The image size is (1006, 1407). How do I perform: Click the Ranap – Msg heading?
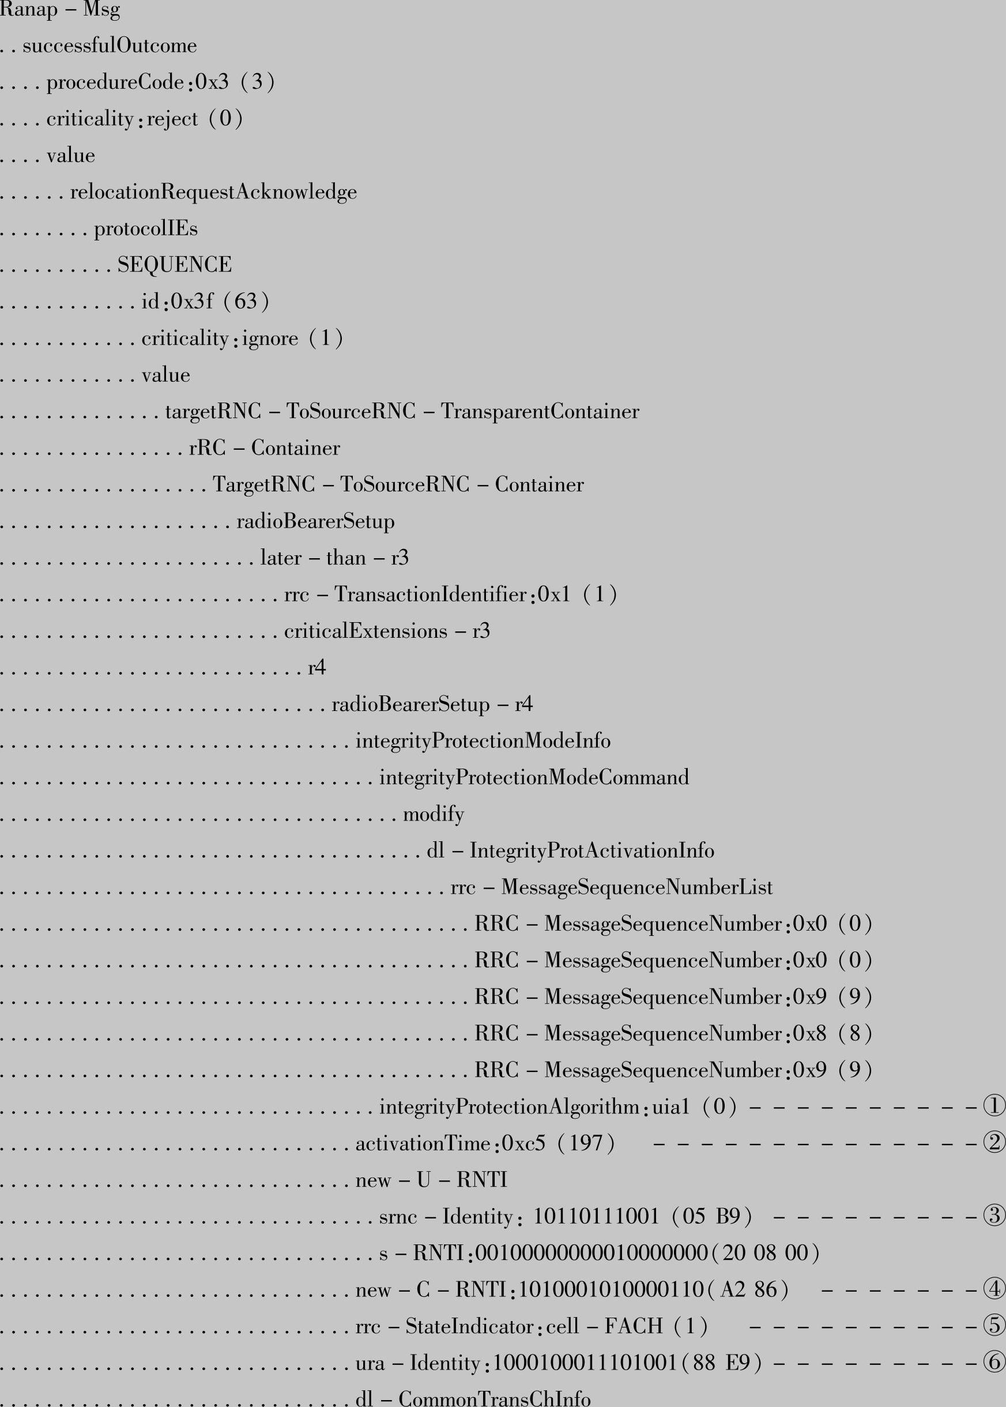59,10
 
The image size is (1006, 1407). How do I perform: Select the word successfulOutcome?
110,46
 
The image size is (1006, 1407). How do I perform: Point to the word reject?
172,119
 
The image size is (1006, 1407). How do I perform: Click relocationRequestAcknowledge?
213,192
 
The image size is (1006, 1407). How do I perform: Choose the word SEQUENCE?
174,265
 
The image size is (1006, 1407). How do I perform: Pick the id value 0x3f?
191,302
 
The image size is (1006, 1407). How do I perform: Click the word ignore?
270,338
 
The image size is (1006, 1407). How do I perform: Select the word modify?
433,814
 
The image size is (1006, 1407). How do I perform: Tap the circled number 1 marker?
994,1107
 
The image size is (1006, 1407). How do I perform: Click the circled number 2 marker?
994,1143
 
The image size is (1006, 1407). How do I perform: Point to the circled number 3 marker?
994,1217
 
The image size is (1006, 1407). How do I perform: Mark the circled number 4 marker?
994,1290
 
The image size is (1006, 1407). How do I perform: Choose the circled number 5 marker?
994,1326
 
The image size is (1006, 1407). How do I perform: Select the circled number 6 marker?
994,1363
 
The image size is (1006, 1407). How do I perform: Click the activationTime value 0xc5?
523,1143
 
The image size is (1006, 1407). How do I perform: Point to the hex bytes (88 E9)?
721,1363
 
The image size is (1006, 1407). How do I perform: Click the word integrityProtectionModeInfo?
483,741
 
